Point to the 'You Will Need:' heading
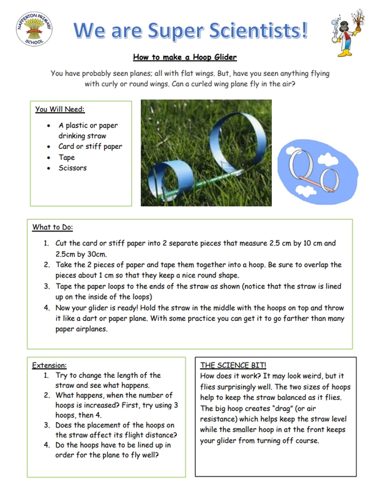pos(59,110)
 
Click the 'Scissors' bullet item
pos(72,168)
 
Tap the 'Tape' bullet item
pos(67,157)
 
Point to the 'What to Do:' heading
pos(53,228)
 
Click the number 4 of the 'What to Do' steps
pos(47,308)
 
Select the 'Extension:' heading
pos(49,366)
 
